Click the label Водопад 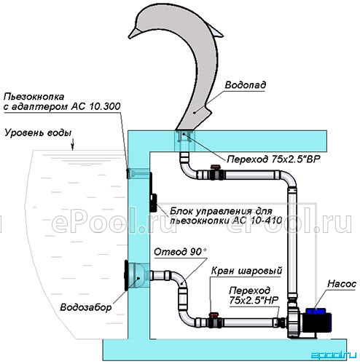coord(246,84)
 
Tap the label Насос coord(342,284)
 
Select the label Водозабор coord(86,307)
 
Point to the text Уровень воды coord(38,133)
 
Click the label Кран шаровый coord(246,271)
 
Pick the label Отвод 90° coord(180,252)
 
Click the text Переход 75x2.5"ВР coord(273,159)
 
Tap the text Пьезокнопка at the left coord(34,97)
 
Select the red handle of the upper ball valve coord(215,167)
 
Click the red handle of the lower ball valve coord(214,314)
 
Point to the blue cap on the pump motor coord(316,311)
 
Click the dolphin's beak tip coord(129,37)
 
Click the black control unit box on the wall coord(153,203)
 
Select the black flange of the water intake coord(126,275)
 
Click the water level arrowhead coord(72,148)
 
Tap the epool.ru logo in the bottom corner coord(333,355)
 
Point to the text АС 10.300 coord(95,106)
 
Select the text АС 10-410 coord(257,221)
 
